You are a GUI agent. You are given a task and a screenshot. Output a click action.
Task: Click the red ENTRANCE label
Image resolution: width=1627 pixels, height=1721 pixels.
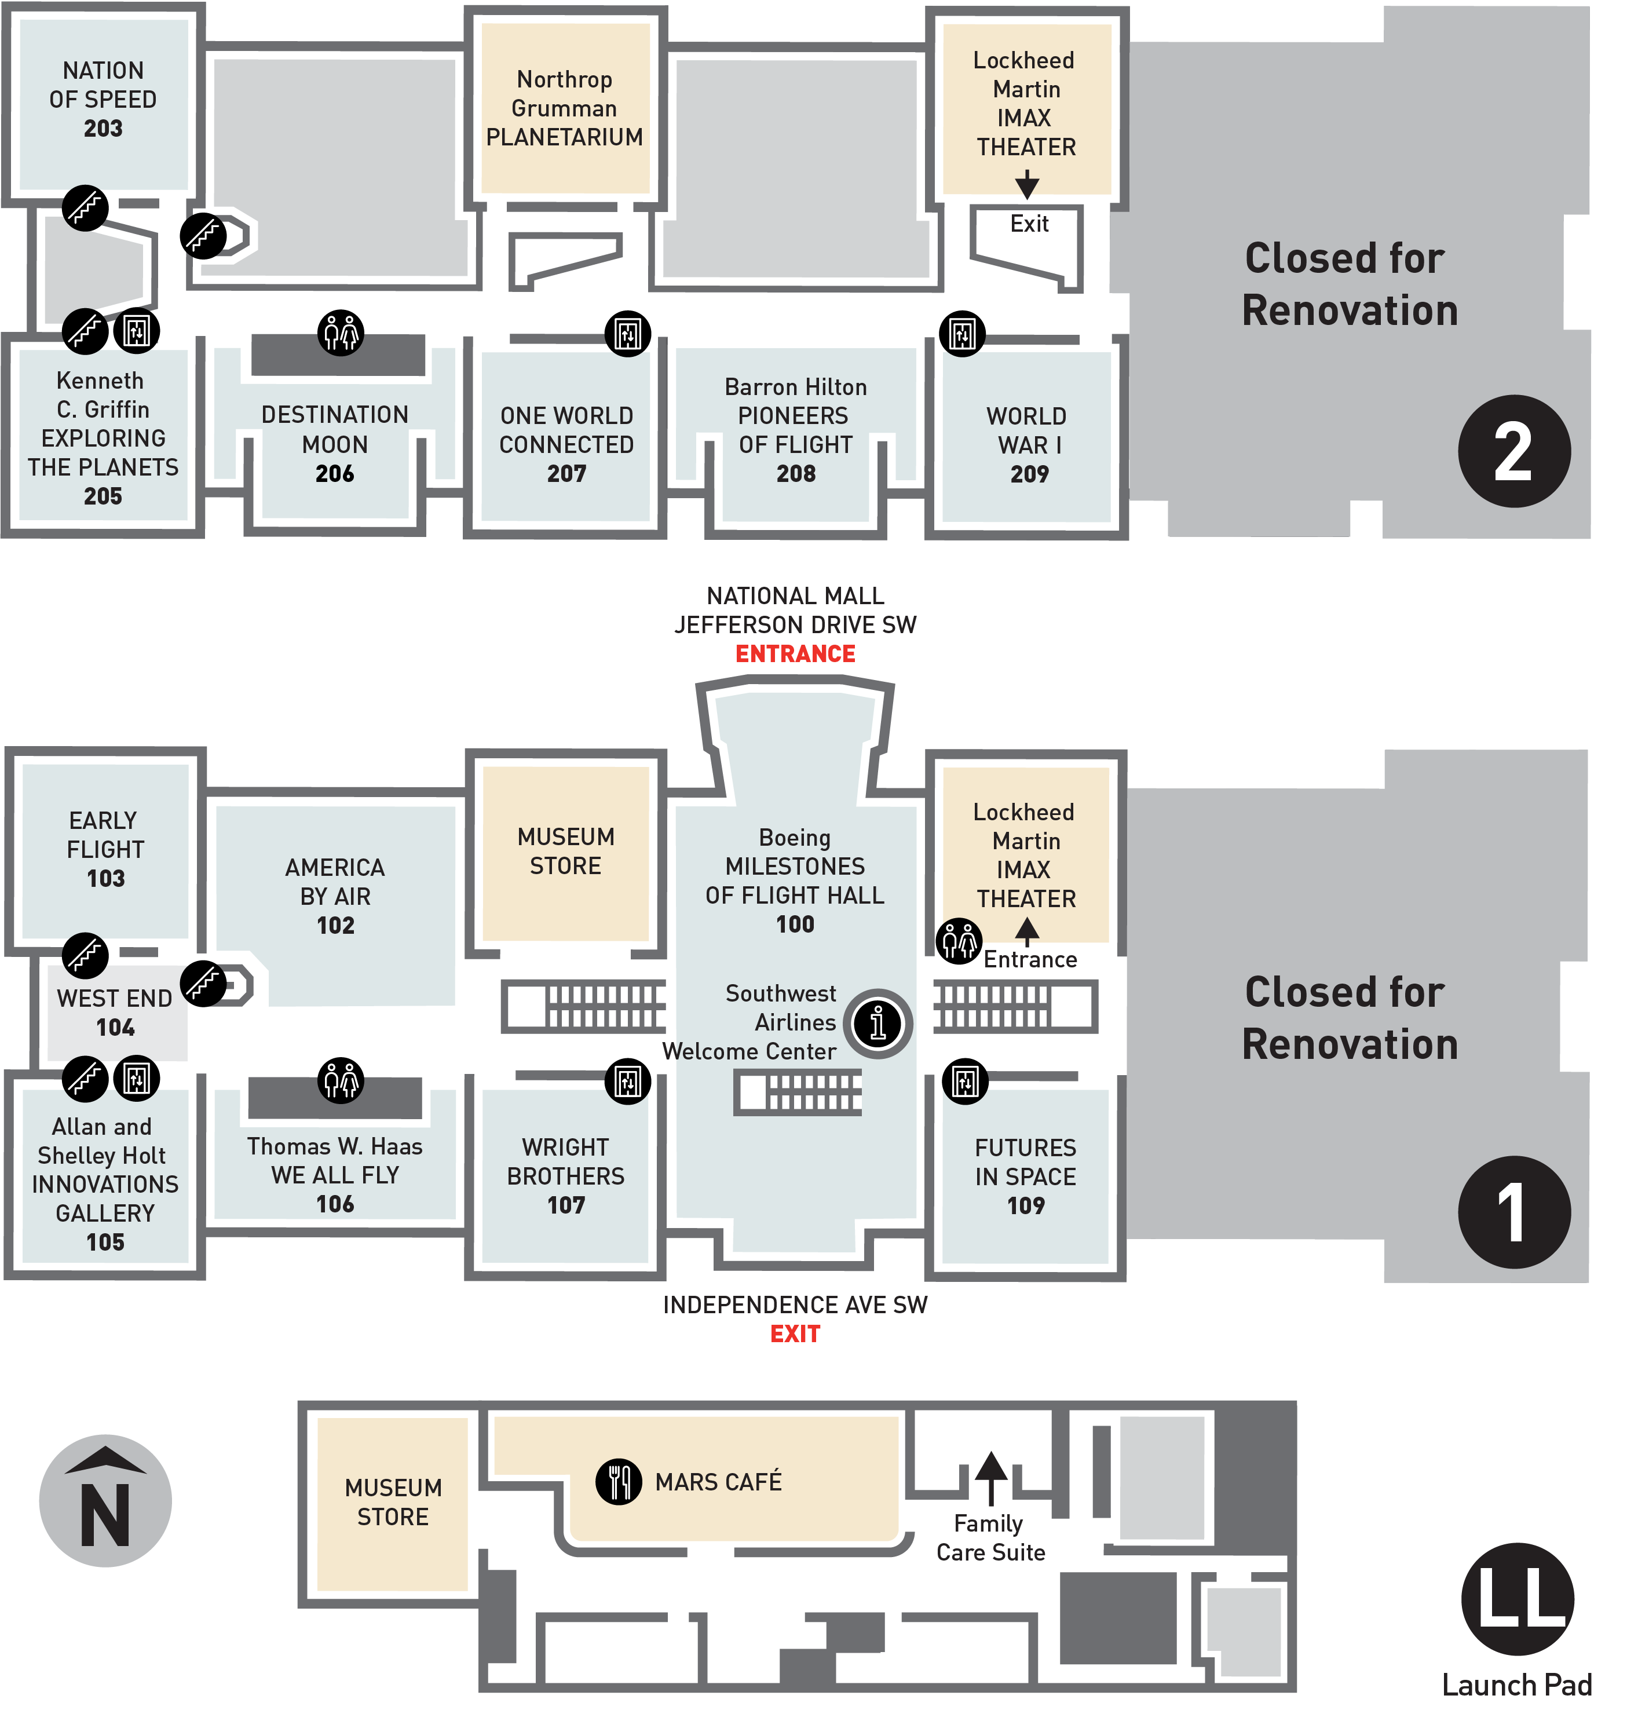[795, 654]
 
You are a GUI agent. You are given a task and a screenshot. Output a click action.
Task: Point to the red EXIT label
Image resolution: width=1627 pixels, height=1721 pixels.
[795, 1333]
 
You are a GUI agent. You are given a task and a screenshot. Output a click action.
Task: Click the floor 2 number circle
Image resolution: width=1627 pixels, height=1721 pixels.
[1513, 451]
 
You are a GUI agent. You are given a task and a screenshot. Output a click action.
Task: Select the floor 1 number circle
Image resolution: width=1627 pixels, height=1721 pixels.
[1513, 1212]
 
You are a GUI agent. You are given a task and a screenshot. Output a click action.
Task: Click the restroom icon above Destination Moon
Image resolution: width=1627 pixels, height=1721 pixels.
[341, 332]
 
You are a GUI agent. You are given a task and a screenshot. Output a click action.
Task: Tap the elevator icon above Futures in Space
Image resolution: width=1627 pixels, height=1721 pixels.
[966, 1081]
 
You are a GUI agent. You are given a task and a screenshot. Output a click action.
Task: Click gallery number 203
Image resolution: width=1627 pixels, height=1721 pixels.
[103, 129]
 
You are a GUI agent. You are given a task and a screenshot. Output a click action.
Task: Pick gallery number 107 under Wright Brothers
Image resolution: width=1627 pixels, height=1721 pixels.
[565, 1205]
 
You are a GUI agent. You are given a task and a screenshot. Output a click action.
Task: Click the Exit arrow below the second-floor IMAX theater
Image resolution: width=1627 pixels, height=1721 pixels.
[1027, 184]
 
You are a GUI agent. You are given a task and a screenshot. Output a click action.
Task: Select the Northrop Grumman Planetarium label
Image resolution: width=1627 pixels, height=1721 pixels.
[565, 108]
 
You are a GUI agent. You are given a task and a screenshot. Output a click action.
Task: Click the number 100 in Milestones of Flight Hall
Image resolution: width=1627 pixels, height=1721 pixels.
[795, 924]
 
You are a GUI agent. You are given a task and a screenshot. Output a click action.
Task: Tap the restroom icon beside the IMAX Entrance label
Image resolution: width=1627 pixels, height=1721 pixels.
[959, 941]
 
